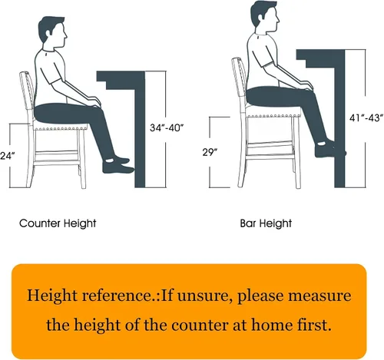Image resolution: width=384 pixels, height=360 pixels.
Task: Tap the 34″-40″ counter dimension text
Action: coord(167,127)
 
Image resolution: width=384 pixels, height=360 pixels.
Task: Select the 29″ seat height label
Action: coord(210,152)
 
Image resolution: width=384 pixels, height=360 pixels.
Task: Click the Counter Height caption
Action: coord(58,223)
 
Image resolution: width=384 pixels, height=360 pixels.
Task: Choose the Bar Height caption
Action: coord(266,223)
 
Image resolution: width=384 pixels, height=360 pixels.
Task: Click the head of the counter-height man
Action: coord(53,32)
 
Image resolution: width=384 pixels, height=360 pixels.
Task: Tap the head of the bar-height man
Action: coord(264,15)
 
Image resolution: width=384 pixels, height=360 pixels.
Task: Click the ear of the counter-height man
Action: coord(48,32)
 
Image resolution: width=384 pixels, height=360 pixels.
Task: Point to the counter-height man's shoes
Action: coord(118,165)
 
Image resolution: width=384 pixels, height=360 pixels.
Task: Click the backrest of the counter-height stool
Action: coord(27,94)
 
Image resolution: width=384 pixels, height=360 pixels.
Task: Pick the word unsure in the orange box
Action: coord(202,296)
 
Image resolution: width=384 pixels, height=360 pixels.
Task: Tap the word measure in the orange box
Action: coord(319,296)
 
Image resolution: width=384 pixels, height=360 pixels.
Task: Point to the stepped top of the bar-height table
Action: coord(320,58)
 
